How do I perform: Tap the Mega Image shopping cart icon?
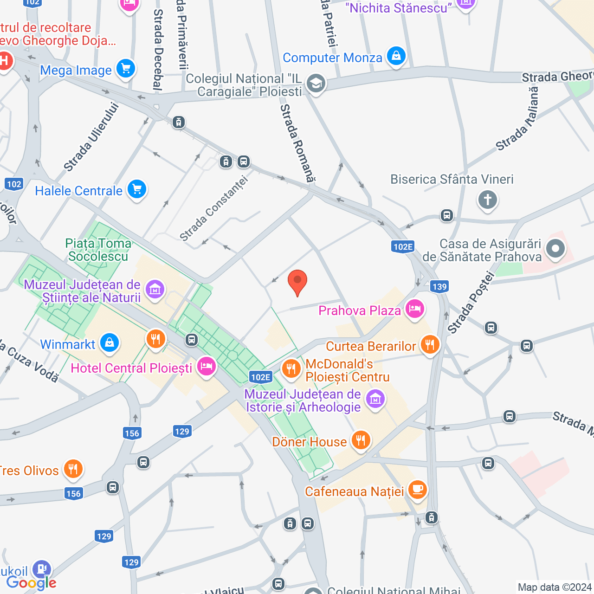(x=125, y=69)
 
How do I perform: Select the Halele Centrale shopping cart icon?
(x=137, y=189)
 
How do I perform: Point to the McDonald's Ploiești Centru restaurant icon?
(x=291, y=369)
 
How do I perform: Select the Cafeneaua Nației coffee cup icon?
(x=418, y=489)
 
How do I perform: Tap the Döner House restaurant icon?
(x=361, y=440)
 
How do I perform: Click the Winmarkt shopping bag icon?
(x=110, y=343)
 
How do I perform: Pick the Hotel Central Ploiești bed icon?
(x=206, y=367)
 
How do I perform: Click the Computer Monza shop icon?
(x=396, y=56)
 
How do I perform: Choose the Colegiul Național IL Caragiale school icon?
(x=316, y=84)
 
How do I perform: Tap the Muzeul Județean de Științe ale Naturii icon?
(x=155, y=290)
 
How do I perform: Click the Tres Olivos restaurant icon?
(x=73, y=469)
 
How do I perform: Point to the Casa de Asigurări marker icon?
(x=555, y=249)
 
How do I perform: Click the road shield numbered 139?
(x=439, y=286)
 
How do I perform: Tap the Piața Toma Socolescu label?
(x=98, y=250)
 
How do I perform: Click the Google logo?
(x=32, y=583)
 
